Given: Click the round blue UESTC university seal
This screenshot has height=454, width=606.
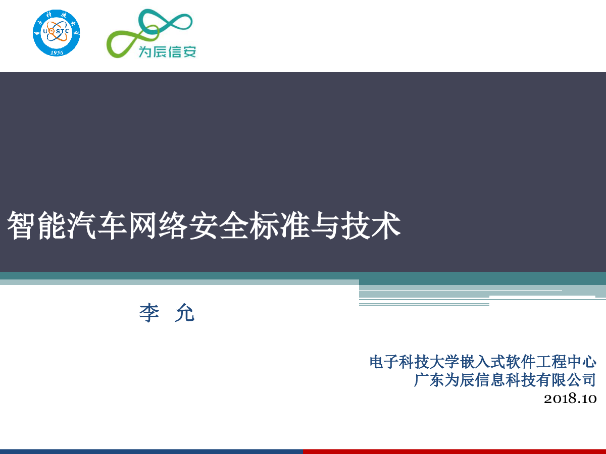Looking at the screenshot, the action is click(57, 33).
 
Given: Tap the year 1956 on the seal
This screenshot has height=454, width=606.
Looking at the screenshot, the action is click(57, 52).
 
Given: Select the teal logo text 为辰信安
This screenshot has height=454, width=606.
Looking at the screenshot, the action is click(167, 51).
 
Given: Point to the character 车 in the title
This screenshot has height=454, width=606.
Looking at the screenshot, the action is click(110, 225).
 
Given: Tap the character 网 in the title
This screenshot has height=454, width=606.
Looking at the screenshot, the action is click(140, 225).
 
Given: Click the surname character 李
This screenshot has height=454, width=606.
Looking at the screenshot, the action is click(149, 313).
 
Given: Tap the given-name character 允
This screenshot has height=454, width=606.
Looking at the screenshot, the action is click(185, 313).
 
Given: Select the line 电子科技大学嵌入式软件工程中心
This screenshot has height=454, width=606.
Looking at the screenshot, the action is click(483, 362).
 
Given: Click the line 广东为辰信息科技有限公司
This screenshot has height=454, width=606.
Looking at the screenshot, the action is click(505, 380).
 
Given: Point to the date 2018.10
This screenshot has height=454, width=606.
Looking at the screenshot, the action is click(570, 399).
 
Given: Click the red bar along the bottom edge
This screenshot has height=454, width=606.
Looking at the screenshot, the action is click(454, 451).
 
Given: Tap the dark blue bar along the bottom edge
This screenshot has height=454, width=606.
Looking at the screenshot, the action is click(151, 451).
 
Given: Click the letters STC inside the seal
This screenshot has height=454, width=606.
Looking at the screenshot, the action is click(62, 31).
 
